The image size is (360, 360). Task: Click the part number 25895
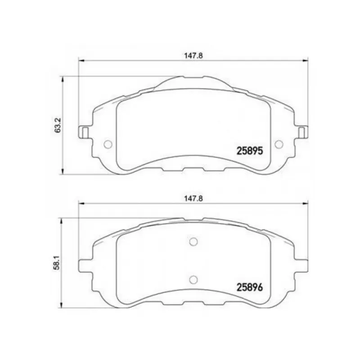[250, 151]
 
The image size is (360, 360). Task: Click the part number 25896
[250, 287]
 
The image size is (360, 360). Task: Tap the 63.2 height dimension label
[58, 125]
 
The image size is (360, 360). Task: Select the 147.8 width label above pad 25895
[193, 56]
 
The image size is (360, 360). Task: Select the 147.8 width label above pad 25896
[193, 198]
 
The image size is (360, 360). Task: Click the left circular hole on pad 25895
[108, 144]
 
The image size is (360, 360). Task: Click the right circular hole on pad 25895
[279, 144]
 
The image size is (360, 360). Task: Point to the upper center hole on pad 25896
[193, 242]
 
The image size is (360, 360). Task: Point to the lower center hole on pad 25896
[193, 279]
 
